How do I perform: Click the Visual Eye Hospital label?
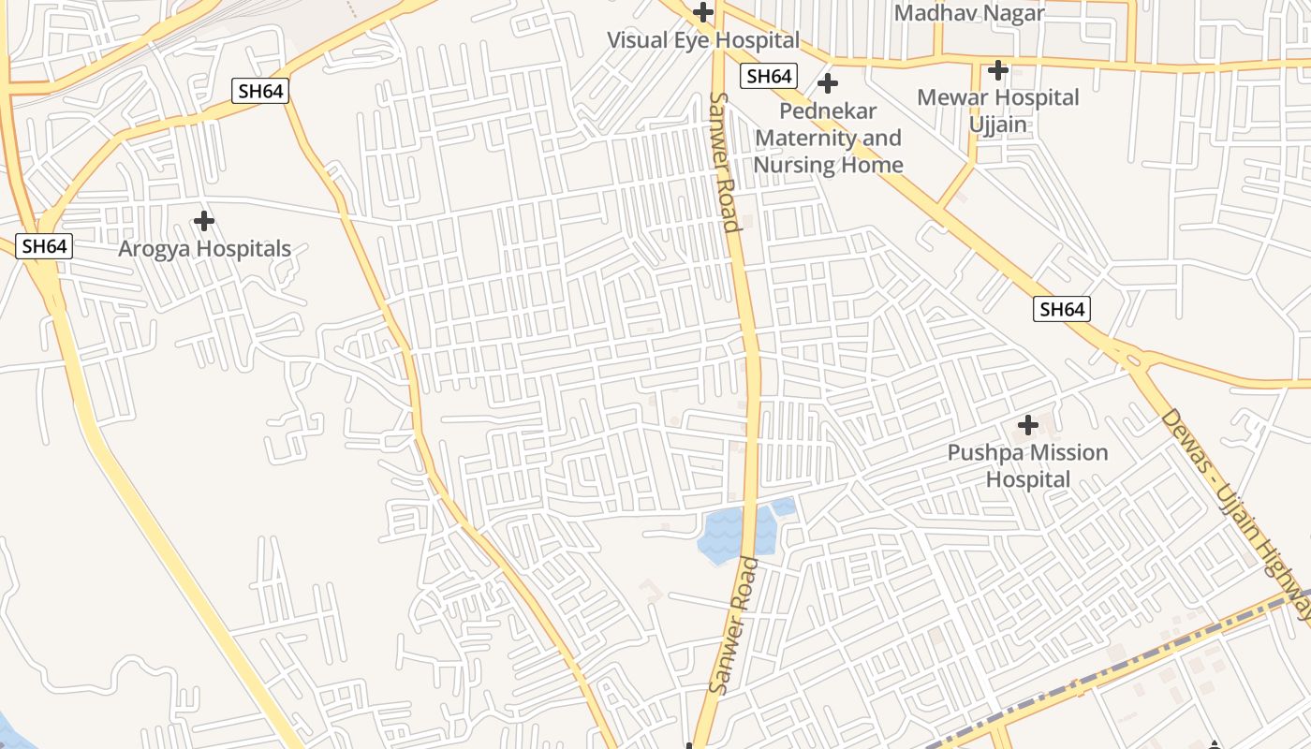click(x=703, y=40)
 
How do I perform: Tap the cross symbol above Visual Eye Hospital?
click(x=703, y=13)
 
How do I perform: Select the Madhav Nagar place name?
click(x=969, y=13)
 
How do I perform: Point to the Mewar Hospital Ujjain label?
click(x=997, y=110)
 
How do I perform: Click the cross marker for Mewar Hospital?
click(x=998, y=69)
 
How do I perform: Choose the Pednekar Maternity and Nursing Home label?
click(x=829, y=138)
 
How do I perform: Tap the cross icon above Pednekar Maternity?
click(x=828, y=83)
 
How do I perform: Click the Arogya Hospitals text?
click(x=204, y=249)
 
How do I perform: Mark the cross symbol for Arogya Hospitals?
click(x=204, y=222)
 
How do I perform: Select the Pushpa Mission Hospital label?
click(x=1027, y=465)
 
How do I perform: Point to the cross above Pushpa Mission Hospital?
click(x=1028, y=426)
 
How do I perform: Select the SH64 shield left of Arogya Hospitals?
click(x=44, y=246)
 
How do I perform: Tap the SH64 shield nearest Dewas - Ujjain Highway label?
click(x=1062, y=309)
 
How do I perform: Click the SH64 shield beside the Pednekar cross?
click(x=768, y=77)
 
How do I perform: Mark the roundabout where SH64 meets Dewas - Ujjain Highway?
click(x=1130, y=358)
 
